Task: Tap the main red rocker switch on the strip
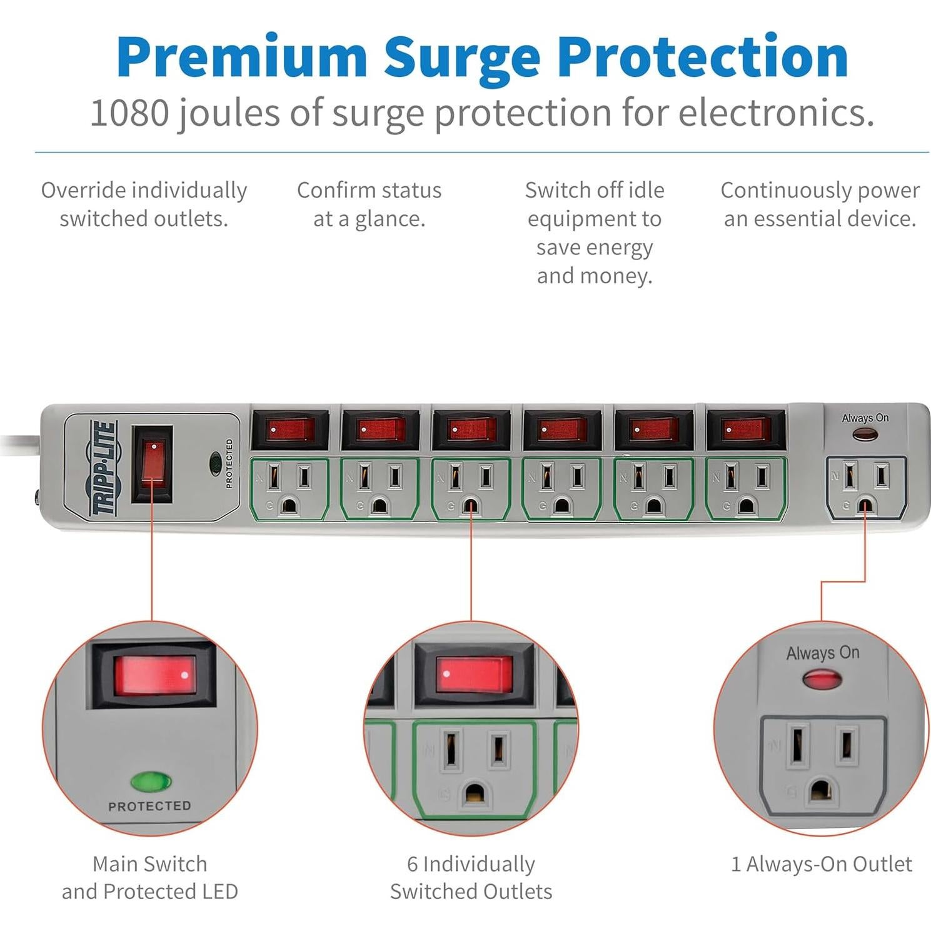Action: pyautogui.click(x=152, y=463)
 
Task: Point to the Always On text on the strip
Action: pyautogui.click(x=865, y=418)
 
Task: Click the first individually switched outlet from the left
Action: pyautogui.click(x=289, y=489)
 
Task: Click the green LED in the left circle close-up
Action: pyautogui.click(x=151, y=781)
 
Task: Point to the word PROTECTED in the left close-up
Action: pyautogui.click(x=149, y=806)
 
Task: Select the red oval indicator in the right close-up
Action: pyautogui.click(x=822, y=679)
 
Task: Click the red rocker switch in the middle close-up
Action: pyautogui.click(x=473, y=675)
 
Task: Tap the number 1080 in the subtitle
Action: pyautogui.click(x=129, y=113)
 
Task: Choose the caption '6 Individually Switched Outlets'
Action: pyautogui.click(x=471, y=877)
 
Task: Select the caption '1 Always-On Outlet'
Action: pyautogui.click(x=821, y=864)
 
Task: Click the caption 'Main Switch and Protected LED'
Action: pyautogui.click(x=149, y=877)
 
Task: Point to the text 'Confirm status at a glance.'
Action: pyautogui.click(x=369, y=204)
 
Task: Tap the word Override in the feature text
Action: pyautogui.click(x=84, y=190)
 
